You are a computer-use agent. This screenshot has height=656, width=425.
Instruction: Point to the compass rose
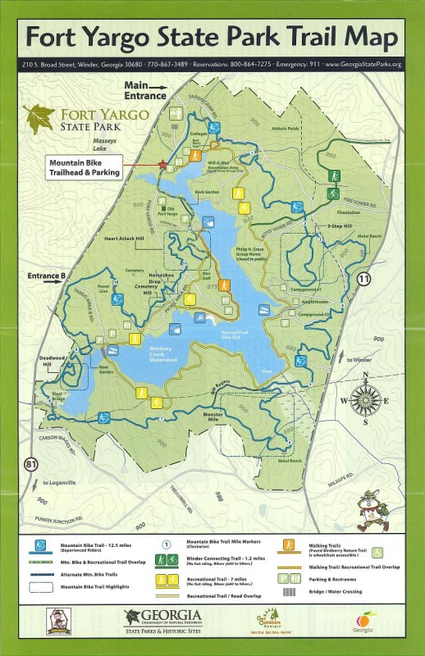click(x=365, y=400)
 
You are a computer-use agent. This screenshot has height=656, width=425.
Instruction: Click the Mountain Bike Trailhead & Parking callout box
click(x=85, y=167)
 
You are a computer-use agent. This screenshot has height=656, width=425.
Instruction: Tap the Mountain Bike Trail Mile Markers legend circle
click(x=166, y=543)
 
